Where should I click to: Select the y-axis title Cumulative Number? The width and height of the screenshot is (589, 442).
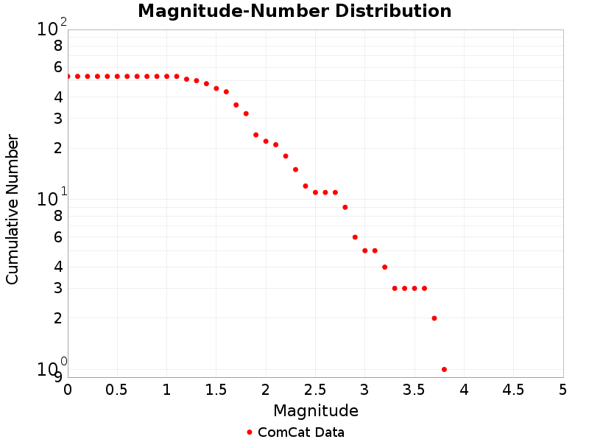13,209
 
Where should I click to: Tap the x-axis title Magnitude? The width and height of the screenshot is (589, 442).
315,410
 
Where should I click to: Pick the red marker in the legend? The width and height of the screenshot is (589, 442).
250,432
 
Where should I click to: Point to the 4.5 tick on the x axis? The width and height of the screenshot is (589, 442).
513,389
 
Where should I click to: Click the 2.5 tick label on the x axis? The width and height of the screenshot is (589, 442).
315,389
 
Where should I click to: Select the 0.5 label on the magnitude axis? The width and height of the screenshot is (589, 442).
117,389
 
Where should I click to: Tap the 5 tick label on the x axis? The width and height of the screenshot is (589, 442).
562,389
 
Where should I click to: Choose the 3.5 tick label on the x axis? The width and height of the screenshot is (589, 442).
415,389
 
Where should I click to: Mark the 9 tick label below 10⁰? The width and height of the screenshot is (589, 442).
58,377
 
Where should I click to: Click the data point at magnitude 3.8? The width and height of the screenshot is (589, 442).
444,369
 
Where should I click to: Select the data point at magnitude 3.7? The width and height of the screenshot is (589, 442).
434,318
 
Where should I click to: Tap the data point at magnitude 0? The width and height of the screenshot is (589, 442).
68,76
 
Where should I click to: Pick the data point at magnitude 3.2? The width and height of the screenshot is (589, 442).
384,267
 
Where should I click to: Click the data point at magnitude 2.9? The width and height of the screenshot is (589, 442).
355,237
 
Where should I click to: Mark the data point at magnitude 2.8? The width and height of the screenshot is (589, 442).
345,207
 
